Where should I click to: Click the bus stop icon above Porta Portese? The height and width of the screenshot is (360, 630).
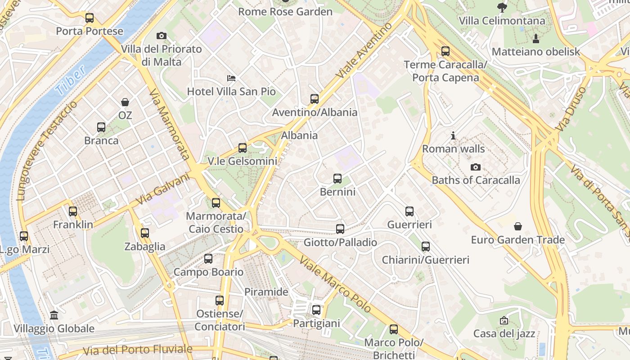[90, 18]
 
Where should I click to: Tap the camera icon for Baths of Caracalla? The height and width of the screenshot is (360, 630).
[475, 167]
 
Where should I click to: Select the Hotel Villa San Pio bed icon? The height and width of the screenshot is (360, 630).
[231, 79]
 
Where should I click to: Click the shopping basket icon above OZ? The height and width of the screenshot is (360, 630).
[125, 103]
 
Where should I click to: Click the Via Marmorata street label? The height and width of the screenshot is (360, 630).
[168, 124]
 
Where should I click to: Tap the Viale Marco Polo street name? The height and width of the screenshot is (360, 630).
[335, 284]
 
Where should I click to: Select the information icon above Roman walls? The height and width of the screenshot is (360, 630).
[453, 135]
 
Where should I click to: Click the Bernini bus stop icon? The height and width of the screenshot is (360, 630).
[337, 179]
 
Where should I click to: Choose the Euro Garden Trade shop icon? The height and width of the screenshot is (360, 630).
[518, 226]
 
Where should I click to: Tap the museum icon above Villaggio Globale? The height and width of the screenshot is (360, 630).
[54, 315]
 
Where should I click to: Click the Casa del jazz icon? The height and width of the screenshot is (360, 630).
[504, 320]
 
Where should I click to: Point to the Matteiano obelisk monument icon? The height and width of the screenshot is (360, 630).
[536, 38]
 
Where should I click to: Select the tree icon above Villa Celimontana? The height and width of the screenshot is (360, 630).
[502, 7]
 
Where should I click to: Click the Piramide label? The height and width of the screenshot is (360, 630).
[266, 292]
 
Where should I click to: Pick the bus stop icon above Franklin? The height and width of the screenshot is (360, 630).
[73, 211]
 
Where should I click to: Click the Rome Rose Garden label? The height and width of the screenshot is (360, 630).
[285, 12]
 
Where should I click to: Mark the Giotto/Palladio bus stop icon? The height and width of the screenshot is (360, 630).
[340, 229]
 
